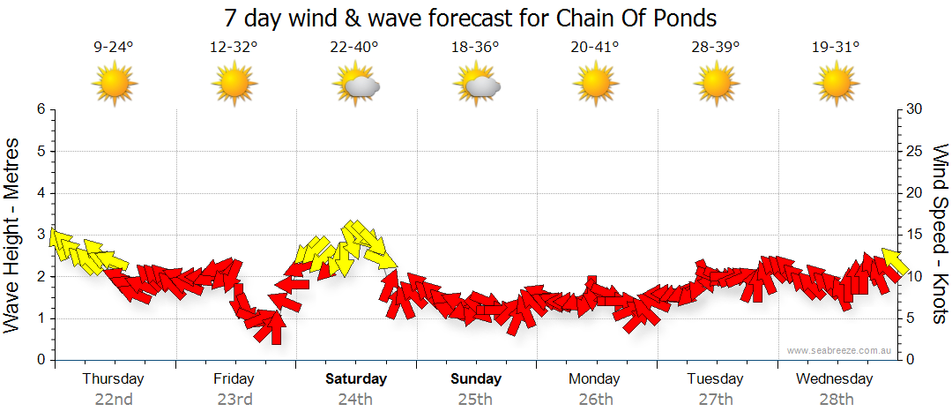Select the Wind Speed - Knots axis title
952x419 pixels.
pyautogui.click(x=940, y=234)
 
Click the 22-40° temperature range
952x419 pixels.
pyautogui.click(x=354, y=48)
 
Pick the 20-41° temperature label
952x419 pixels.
pyautogui.click(x=595, y=48)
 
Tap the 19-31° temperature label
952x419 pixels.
pyautogui.click(x=835, y=48)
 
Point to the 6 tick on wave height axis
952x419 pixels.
pyautogui.click(x=40, y=109)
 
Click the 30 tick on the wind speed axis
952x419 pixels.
pyautogui.click(x=915, y=109)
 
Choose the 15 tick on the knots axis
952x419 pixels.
pyautogui.click(x=914, y=235)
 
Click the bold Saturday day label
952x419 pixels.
pyautogui.click(x=356, y=379)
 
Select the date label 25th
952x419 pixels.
pyautogui.click(x=475, y=399)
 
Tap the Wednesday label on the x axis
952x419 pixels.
pyautogui.click(x=834, y=379)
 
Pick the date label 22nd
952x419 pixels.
pyautogui.click(x=114, y=399)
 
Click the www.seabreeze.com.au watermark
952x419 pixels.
pyautogui.click(x=840, y=350)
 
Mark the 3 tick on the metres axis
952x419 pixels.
pyautogui.click(x=40, y=235)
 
